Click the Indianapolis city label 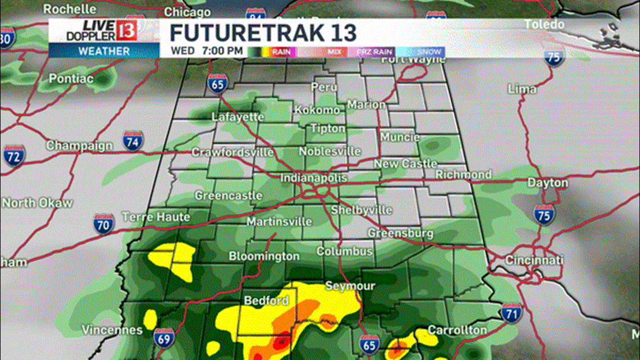pyautogui.click(x=314, y=178)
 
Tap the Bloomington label pyautogui.click(x=264, y=256)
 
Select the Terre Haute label pyautogui.click(x=156, y=217)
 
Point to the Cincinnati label pyautogui.click(x=534, y=261)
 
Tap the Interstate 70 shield pyautogui.click(x=104, y=223)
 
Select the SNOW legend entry pyautogui.click(x=428, y=51)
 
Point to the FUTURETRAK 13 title pyautogui.click(x=263, y=33)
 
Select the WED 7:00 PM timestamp pyautogui.click(x=207, y=51)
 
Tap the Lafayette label pyautogui.click(x=237, y=117)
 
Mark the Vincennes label pyautogui.click(x=112, y=330)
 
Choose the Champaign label pyautogui.click(x=79, y=145)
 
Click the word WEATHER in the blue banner pyautogui.click(x=103, y=51)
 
